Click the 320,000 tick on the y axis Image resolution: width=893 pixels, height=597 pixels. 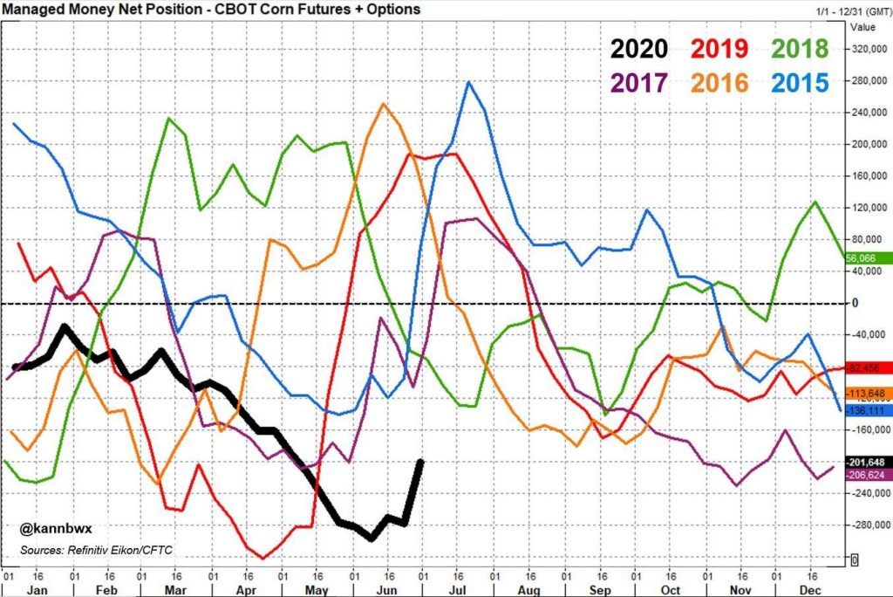869,49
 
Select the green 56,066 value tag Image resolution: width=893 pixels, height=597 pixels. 869,257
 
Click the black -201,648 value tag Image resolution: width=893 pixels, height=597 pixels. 869,462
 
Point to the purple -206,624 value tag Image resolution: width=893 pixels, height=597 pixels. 869,473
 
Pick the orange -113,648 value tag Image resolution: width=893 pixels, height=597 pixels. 869,393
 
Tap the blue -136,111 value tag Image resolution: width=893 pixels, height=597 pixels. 869,410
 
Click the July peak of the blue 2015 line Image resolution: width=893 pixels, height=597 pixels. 469,82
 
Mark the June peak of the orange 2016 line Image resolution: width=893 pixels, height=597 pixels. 384,104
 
